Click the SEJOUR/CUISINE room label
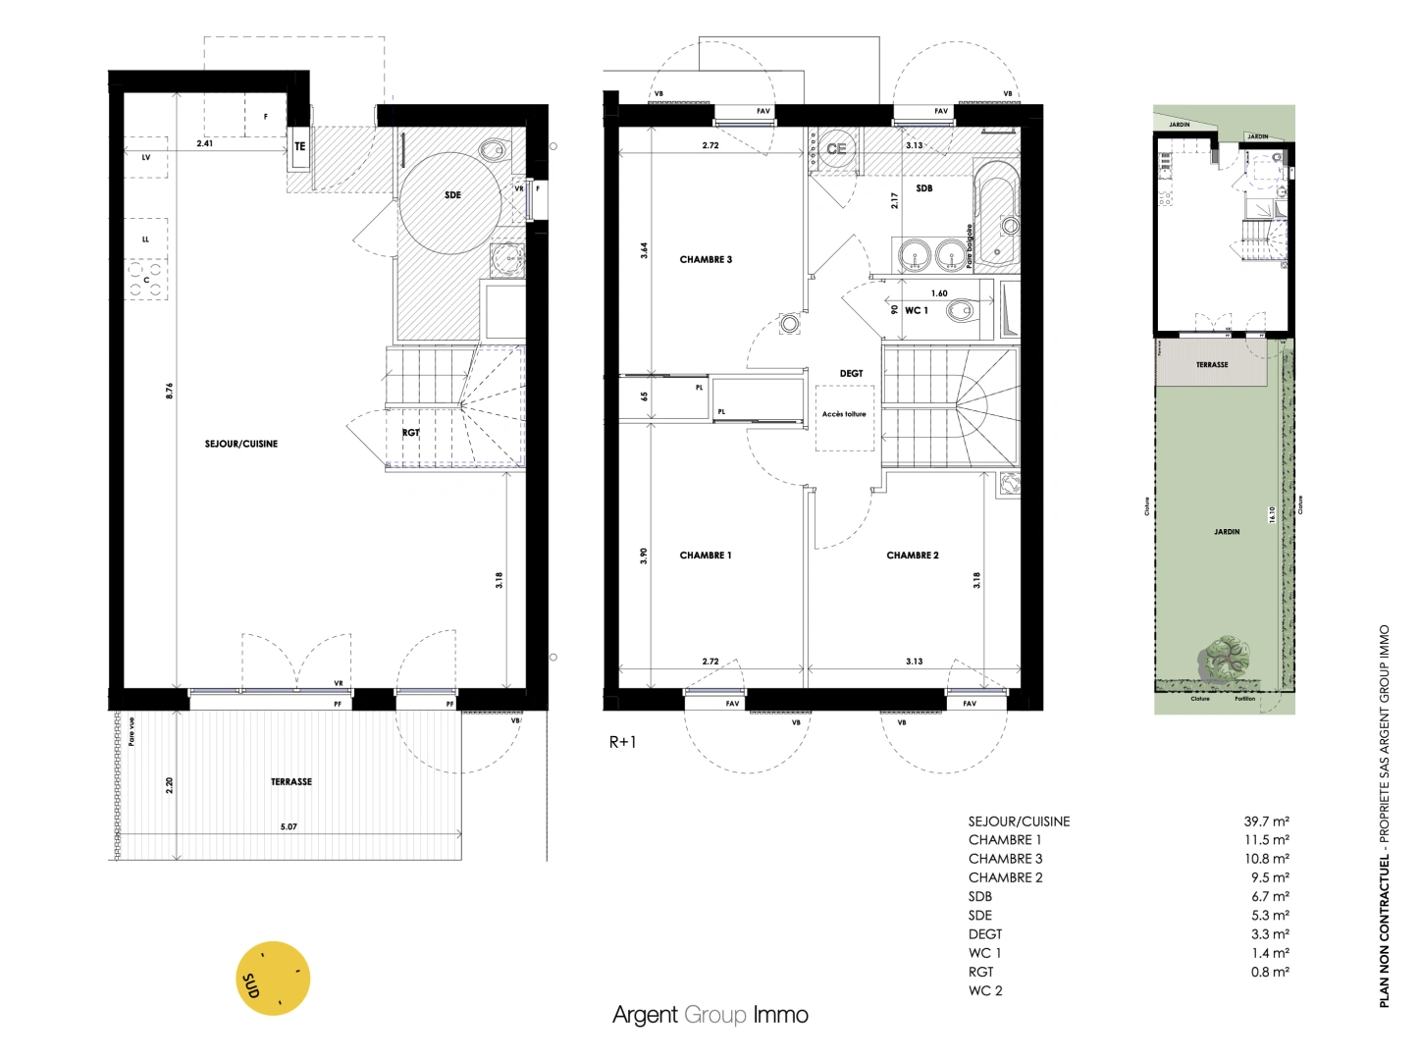click(x=240, y=444)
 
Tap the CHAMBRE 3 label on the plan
click(x=706, y=260)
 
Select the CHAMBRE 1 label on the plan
click(x=706, y=556)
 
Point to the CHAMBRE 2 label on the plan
click(x=912, y=556)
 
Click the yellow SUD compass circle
click(x=274, y=979)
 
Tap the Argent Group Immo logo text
click(x=710, y=1015)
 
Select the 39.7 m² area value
click(x=1266, y=821)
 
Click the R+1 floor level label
click(x=622, y=742)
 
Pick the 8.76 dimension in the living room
click(x=169, y=391)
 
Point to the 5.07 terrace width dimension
click(x=289, y=827)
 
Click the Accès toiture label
click(x=844, y=414)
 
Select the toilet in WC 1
click(x=959, y=312)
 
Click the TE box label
click(x=300, y=147)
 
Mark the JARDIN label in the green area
click(x=1227, y=532)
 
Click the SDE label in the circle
click(x=452, y=195)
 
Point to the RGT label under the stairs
click(x=410, y=433)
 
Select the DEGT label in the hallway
click(x=851, y=374)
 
